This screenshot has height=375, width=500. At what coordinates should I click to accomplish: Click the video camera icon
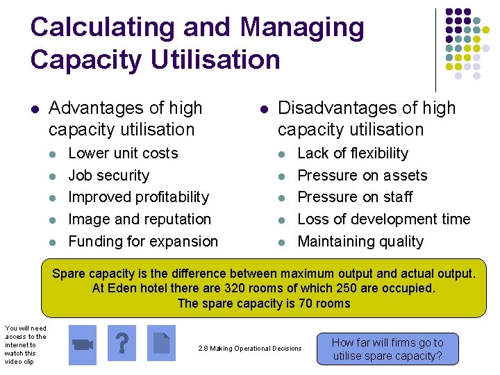(x=83, y=343)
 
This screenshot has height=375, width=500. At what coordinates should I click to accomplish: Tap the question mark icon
(x=122, y=343)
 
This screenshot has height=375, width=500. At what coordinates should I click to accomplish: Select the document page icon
(x=162, y=343)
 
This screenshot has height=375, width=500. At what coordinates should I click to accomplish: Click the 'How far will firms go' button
(x=387, y=349)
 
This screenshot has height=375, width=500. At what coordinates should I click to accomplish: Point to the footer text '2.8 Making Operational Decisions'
(x=250, y=348)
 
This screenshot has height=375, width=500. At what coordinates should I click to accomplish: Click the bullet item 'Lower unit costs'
(x=123, y=153)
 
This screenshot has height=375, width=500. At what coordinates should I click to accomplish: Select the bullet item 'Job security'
(x=108, y=176)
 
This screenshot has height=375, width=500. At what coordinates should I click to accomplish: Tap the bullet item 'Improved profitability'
(x=138, y=197)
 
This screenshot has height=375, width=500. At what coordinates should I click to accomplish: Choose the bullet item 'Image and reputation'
(x=140, y=219)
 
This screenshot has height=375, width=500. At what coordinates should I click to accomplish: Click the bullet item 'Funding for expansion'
(x=143, y=242)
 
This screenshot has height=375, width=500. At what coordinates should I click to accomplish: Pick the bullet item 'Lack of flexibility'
(x=353, y=153)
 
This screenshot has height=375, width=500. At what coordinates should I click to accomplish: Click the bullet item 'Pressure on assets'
(x=362, y=176)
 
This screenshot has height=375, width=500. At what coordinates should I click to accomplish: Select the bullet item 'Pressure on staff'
(x=355, y=197)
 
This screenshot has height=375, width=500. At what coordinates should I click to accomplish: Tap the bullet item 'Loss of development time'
(x=383, y=219)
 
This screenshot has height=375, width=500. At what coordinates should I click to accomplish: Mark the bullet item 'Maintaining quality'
(x=360, y=242)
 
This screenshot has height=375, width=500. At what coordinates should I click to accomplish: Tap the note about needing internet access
(x=24, y=344)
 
